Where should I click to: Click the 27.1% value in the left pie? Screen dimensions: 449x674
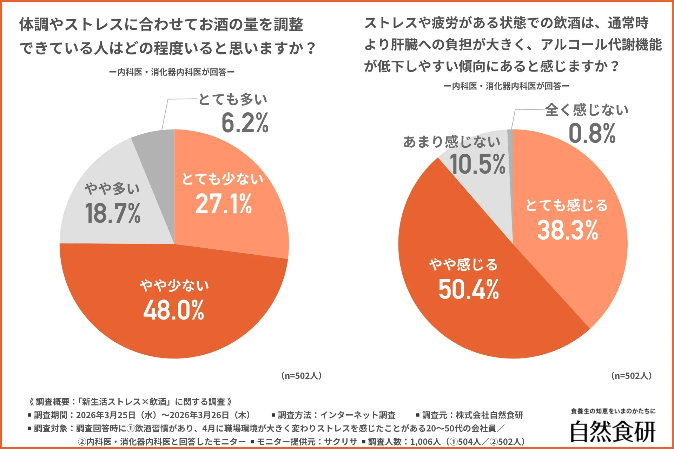224,204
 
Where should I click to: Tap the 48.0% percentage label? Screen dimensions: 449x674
173,310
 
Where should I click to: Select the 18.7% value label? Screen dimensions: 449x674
112,213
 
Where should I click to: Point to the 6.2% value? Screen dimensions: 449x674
245,123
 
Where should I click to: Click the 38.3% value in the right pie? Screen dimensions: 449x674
567,230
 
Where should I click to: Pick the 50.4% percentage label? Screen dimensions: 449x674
468,290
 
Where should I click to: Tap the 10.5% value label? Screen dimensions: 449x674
477,165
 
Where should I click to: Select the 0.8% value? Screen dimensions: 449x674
592,134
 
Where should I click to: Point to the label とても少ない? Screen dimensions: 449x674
222,179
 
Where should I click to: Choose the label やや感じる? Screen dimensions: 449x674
463,264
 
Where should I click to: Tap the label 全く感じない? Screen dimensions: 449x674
587,110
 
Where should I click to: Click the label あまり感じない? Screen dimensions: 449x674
452,142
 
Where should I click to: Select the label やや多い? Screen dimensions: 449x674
112,189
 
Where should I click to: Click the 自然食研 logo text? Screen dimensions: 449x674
613,431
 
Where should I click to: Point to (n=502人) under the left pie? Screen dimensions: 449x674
301,376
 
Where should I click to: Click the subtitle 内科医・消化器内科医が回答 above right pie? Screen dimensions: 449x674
506,86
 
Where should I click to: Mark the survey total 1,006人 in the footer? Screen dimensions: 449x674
425,442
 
